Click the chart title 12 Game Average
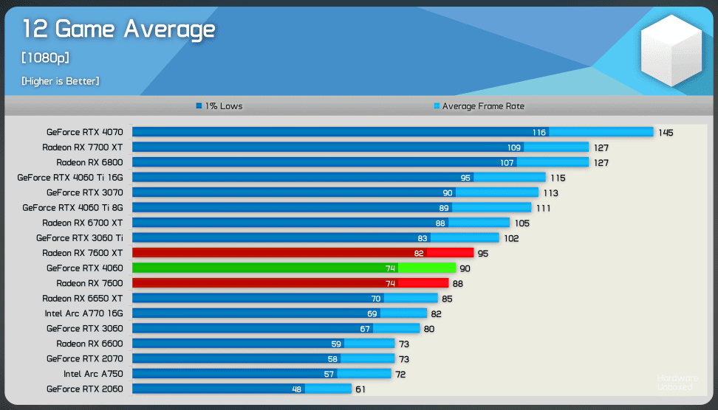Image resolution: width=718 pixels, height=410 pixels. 118,29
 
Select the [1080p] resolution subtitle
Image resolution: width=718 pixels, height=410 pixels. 46,58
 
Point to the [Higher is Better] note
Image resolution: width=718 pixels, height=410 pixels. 61,80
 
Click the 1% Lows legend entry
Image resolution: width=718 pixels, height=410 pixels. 219,106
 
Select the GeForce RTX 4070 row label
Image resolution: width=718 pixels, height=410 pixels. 84,133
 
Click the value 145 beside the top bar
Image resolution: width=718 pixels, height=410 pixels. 666,133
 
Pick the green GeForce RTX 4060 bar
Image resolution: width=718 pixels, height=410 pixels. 295,268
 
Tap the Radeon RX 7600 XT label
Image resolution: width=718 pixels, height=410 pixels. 82,253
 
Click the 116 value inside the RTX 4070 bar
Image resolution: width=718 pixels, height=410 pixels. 539,133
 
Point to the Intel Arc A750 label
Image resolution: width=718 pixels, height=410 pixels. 93,374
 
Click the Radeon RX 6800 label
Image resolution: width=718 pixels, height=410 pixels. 89,162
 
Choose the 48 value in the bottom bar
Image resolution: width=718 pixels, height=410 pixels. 297,389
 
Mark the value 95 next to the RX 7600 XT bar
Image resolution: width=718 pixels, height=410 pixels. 484,254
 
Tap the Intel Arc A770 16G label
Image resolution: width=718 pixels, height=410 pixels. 83,313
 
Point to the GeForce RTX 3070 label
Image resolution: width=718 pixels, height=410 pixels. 84,192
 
